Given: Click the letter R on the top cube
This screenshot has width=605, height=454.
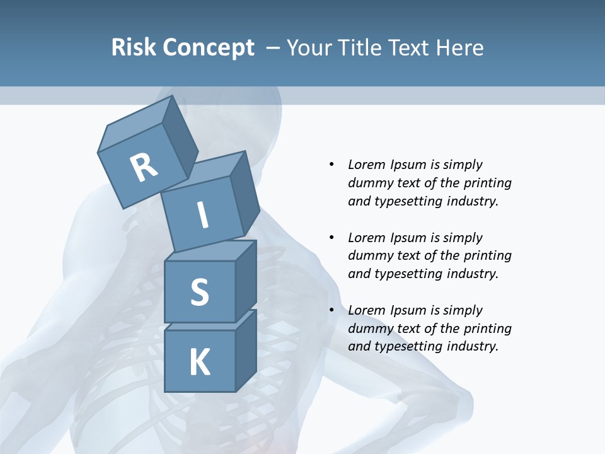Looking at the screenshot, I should coord(144,167).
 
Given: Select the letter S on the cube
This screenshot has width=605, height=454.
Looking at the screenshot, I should coord(199,292).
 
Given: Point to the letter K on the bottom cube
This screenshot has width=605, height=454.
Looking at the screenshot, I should coord(199,363).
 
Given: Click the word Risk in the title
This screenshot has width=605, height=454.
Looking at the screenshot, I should coord(134,48).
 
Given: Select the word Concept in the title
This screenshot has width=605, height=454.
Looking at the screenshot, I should coord(209,48).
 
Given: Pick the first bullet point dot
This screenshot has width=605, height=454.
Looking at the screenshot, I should coord(332,165).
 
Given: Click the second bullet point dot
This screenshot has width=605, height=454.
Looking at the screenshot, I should coord(332,238).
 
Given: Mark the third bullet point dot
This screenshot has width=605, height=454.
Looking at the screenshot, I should coord(332,310).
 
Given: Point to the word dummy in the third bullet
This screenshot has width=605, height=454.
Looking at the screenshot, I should coord(368,329).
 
